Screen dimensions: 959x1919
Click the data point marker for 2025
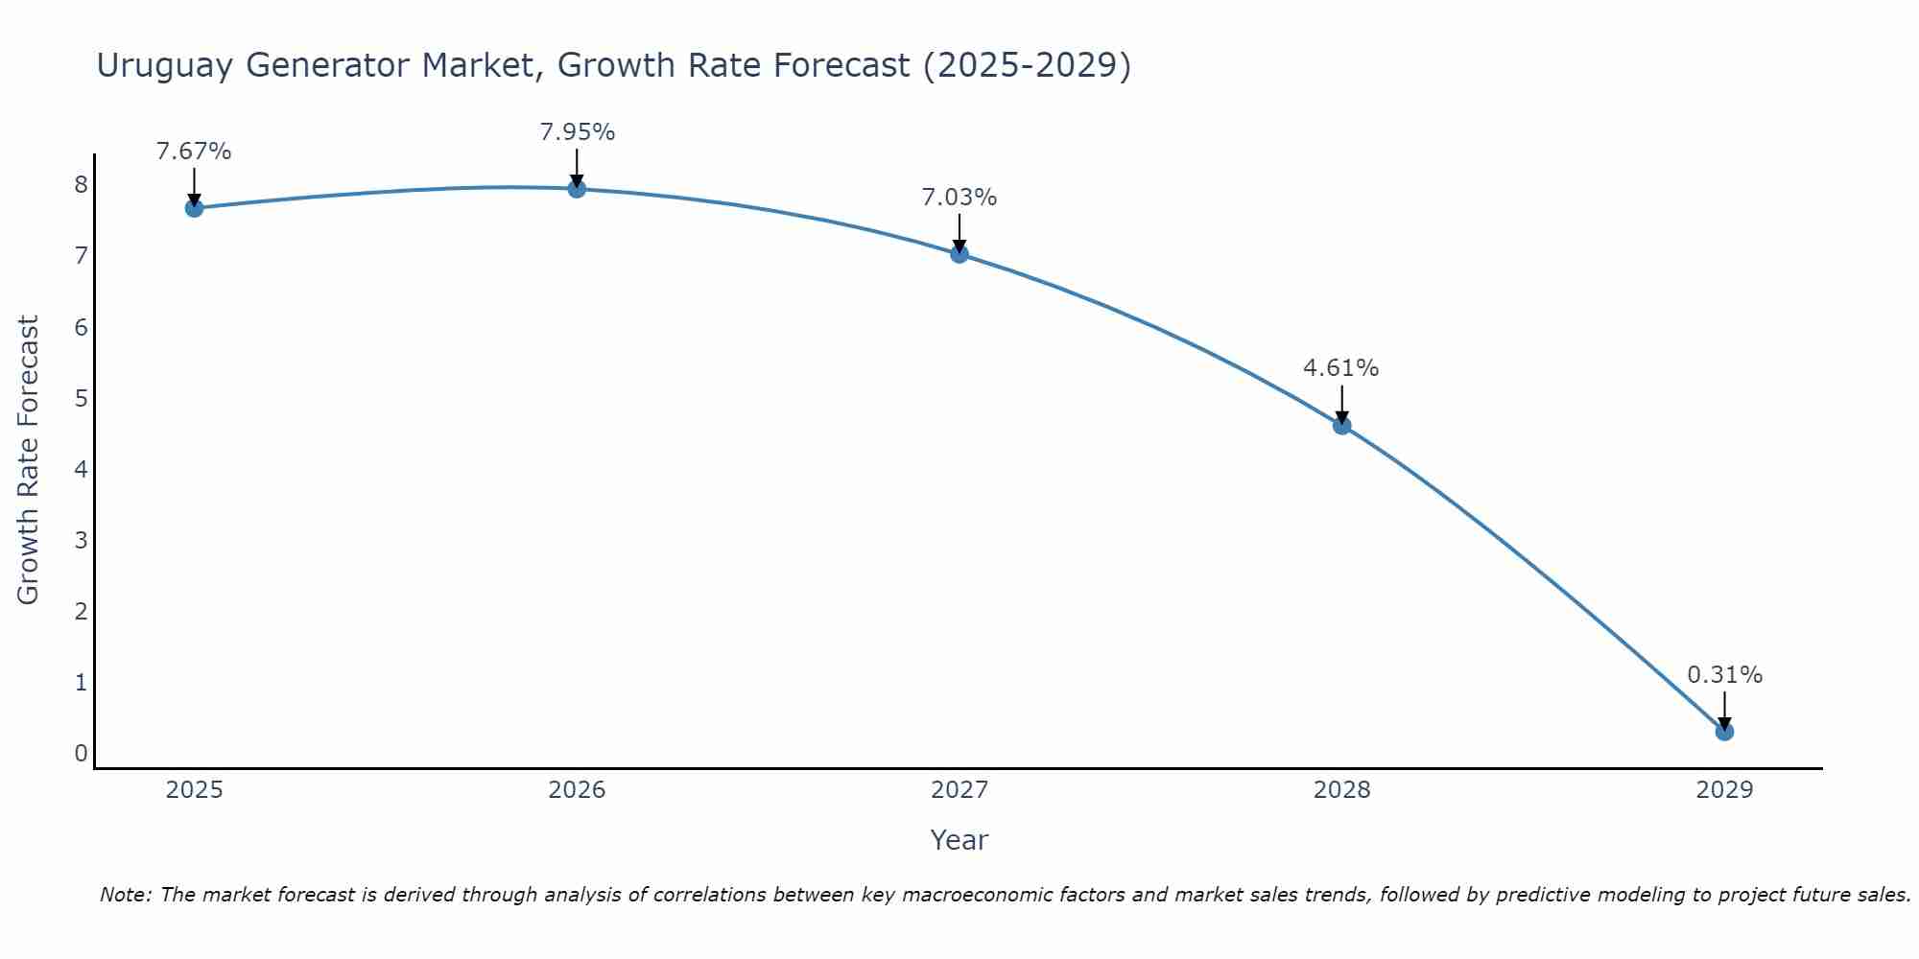(x=194, y=208)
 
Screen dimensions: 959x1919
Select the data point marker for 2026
(x=577, y=189)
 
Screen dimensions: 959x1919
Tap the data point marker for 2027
(x=959, y=254)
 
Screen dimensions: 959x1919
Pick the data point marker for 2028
(x=1341, y=426)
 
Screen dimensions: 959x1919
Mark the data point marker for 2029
(x=1724, y=732)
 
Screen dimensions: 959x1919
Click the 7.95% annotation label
(x=577, y=132)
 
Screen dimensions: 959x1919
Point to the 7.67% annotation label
(x=194, y=152)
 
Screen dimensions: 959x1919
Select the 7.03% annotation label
(x=959, y=198)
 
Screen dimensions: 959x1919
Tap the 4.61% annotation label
(x=1341, y=368)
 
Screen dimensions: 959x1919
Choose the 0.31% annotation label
(x=1724, y=675)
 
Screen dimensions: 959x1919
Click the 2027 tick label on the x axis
(x=959, y=790)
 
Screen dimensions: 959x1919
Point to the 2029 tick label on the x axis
(x=1724, y=790)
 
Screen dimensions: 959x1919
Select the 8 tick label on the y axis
(x=81, y=184)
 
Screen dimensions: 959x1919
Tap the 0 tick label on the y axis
(x=81, y=754)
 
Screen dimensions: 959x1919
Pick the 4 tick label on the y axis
(x=81, y=469)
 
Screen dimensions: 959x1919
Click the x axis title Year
(x=959, y=840)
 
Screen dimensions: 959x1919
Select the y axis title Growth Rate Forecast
(x=29, y=460)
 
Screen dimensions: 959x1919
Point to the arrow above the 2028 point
(x=1341, y=403)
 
